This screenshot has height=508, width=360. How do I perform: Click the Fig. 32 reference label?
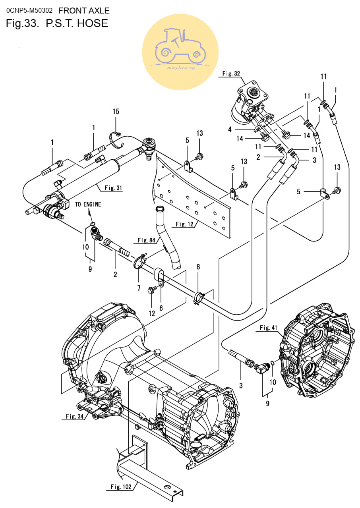click(x=231, y=73)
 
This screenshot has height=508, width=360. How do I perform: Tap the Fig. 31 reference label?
click(x=113, y=188)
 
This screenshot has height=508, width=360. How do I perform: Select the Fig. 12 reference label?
click(x=184, y=224)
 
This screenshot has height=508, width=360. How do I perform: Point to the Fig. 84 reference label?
click(x=146, y=240)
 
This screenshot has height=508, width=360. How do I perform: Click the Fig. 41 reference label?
click(x=268, y=327)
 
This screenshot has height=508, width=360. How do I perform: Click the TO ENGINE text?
click(x=88, y=204)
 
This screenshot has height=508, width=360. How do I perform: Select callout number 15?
click(x=116, y=111)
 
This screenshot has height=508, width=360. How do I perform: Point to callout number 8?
click(x=198, y=267)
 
